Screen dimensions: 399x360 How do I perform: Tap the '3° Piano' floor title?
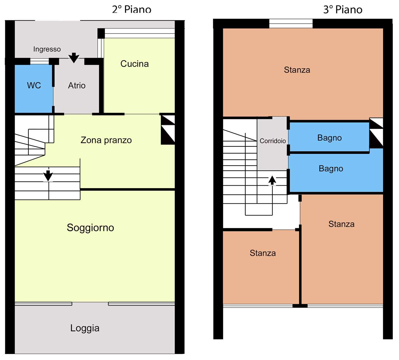click(343, 9)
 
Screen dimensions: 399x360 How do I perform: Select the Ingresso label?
click(47, 49)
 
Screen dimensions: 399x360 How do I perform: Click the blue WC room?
click(34, 88)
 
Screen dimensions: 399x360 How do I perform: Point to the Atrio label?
click(77, 85)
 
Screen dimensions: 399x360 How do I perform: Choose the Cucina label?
click(134, 64)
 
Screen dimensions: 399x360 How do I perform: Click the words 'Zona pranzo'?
click(106, 140)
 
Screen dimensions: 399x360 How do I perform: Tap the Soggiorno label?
click(90, 228)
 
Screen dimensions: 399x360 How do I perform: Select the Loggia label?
click(85, 328)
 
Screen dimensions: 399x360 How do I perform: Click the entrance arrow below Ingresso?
click(74, 58)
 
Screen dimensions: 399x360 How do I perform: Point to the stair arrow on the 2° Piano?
click(48, 176)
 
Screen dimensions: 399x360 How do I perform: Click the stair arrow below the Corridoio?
click(272, 180)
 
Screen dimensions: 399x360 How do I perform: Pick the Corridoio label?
click(273, 141)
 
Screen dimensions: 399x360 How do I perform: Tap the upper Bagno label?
click(329, 138)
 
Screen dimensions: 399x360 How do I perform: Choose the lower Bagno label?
click(331, 168)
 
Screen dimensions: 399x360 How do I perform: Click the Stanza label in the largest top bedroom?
click(297, 70)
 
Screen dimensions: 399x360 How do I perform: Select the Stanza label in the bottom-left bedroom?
click(262, 253)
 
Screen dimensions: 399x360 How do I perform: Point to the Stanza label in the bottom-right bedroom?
click(341, 224)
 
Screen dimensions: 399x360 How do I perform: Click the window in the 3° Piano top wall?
click(291, 24)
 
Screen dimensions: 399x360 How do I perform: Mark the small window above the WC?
click(39, 61)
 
